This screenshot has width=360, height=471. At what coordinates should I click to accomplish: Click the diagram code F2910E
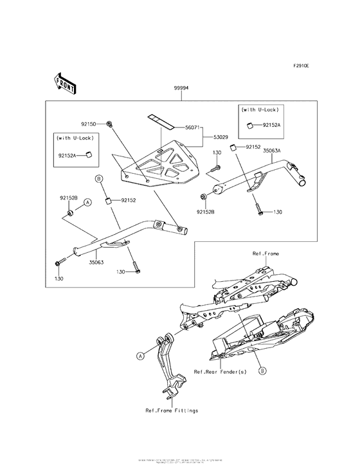(301, 66)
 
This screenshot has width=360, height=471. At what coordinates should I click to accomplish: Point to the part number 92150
(89, 122)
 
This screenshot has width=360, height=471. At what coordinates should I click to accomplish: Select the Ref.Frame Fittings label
(172, 410)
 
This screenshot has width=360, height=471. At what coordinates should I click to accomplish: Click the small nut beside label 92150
(111, 122)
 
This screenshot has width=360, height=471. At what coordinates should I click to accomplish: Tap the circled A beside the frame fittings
(139, 355)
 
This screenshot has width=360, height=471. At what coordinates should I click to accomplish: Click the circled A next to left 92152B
(88, 201)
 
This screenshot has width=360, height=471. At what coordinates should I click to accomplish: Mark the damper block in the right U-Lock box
(246, 127)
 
